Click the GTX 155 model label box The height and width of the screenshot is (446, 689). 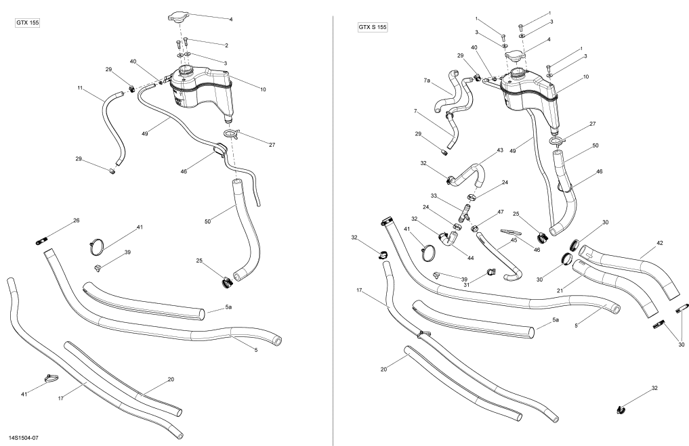tap(28, 23)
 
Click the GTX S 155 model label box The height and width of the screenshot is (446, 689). tap(372, 27)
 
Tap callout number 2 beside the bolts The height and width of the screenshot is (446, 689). tap(226, 45)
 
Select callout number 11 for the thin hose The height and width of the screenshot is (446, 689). tap(80, 88)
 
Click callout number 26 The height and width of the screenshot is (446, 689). tap(77, 221)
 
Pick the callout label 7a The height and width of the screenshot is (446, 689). tap(427, 81)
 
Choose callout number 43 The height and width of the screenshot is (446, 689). tap(499, 150)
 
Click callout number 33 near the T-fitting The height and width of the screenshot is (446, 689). tap(434, 196)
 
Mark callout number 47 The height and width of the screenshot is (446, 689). tap(501, 212)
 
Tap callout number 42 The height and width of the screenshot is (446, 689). tap(660, 243)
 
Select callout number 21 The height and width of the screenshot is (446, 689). tap(560, 290)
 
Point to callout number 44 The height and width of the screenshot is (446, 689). tap(471, 258)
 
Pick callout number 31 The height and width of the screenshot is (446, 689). tap(466, 284)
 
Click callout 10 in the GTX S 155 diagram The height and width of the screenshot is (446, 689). tap(586, 77)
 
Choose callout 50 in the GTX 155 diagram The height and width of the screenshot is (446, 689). tap(207, 222)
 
